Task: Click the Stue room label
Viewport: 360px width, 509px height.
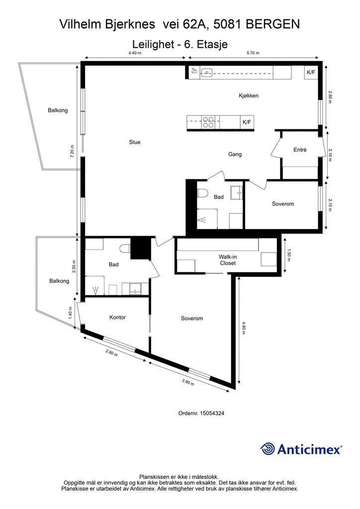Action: pos(135,142)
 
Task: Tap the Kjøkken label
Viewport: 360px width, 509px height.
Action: pos(249,95)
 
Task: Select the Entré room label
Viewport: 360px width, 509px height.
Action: pos(300,150)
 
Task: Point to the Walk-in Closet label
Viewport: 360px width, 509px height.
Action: pos(228,260)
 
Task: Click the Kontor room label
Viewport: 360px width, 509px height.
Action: pos(117,317)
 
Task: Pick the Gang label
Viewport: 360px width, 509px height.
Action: pos(235,154)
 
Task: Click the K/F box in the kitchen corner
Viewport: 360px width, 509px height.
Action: pos(311,72)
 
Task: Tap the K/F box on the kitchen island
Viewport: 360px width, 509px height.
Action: pos(247,122)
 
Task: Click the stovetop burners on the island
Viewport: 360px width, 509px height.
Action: pos(208,122)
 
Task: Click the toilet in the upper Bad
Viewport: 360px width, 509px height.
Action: pos(202,193)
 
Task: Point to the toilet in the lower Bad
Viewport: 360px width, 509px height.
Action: pos(125,249)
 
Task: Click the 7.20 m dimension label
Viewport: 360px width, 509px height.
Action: pos(73,151)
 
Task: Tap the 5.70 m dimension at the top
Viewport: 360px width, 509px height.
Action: pos(253,53)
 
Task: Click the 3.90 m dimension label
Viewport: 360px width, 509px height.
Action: pos(188,382)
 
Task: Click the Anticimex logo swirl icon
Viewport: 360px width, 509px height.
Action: pos(268,449)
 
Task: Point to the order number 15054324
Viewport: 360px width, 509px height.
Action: pos(212,413)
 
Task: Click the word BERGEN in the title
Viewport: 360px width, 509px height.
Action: pos(272,24)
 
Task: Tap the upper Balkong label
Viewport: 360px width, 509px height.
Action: pos(58,110)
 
